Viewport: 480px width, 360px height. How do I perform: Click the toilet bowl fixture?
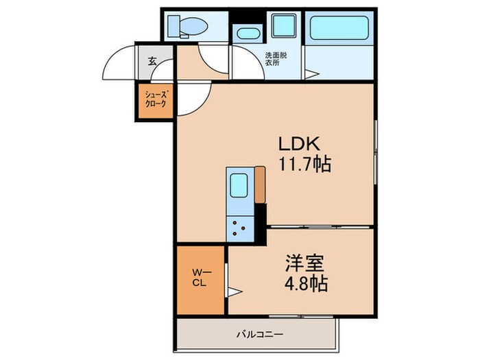189,27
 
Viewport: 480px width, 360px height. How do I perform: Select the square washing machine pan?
283,26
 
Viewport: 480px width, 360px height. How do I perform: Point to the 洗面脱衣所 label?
276,59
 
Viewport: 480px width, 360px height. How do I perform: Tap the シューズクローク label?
156,100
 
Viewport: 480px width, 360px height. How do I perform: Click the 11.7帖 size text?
304,164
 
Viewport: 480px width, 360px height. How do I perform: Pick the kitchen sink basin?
239,185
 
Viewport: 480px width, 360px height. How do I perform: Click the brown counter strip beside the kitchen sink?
260,184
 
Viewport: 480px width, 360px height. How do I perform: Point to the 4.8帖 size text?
305,283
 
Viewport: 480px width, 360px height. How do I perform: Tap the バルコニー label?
261,335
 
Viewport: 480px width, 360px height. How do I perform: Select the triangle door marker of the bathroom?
310,74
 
